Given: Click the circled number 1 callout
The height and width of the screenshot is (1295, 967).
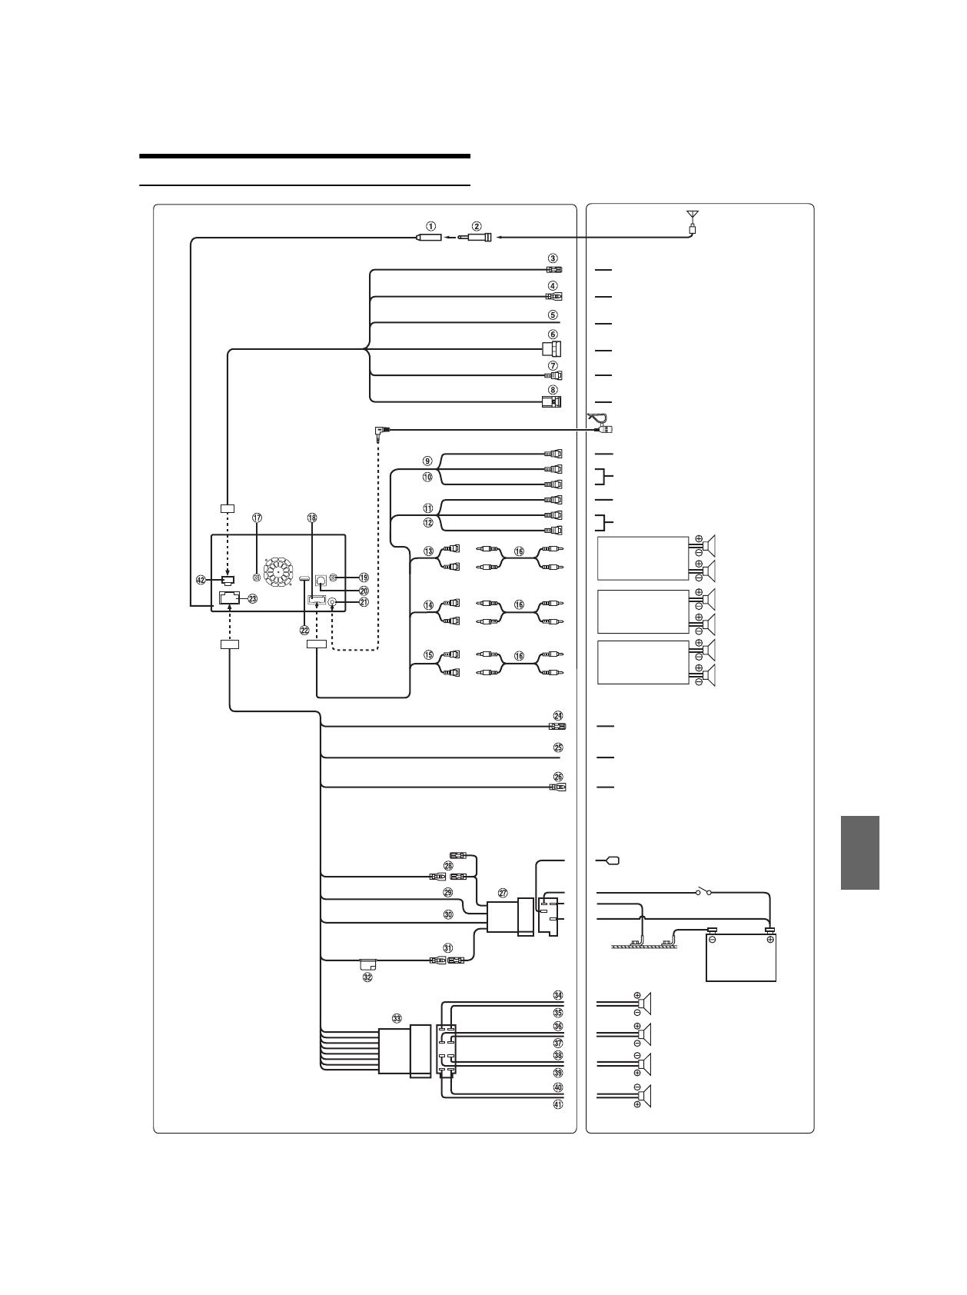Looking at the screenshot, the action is (x=431, y=226).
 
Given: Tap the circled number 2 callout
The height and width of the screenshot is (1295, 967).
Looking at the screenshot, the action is (x=477, y=226).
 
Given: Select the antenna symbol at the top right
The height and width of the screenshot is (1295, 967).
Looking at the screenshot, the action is (x=692, y=221).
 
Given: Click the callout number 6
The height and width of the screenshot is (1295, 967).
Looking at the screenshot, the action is (x=553, y=335).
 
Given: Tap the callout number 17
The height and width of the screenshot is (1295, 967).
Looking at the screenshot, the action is (x=258, y=518).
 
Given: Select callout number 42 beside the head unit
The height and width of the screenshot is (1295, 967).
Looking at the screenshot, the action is (x=201, y=580).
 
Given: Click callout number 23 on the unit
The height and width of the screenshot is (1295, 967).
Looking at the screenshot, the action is (x=252, y=598).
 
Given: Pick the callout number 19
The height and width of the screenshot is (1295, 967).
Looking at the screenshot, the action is (x=364, y=577).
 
